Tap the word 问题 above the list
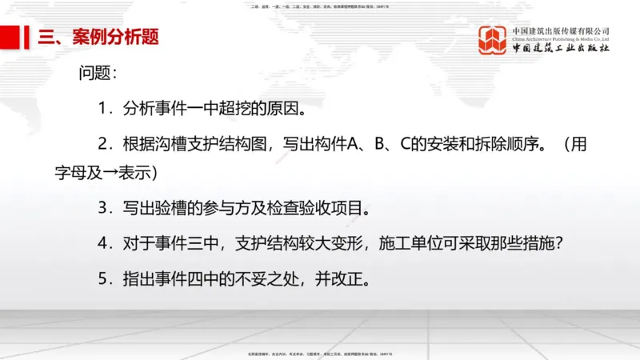coord(97,73)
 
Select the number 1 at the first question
coord(103,108)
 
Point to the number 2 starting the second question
coord(103,145)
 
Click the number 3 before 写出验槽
coord(103,209)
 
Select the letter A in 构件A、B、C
coord(354,145)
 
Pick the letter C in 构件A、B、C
coord(405,145)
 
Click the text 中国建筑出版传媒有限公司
coord(561,31)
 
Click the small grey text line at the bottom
coord(320,352)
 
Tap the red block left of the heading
coord(10,36)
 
